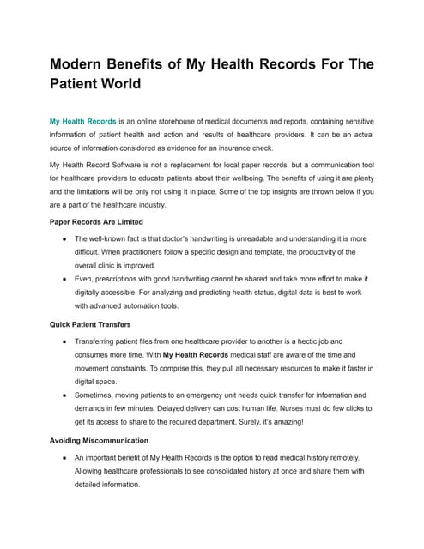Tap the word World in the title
pos(115,85)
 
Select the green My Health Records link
pos(82,122)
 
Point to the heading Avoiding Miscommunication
pos(100,439)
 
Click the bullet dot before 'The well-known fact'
pos(63,238)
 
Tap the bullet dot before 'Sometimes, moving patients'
pos(63,394)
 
